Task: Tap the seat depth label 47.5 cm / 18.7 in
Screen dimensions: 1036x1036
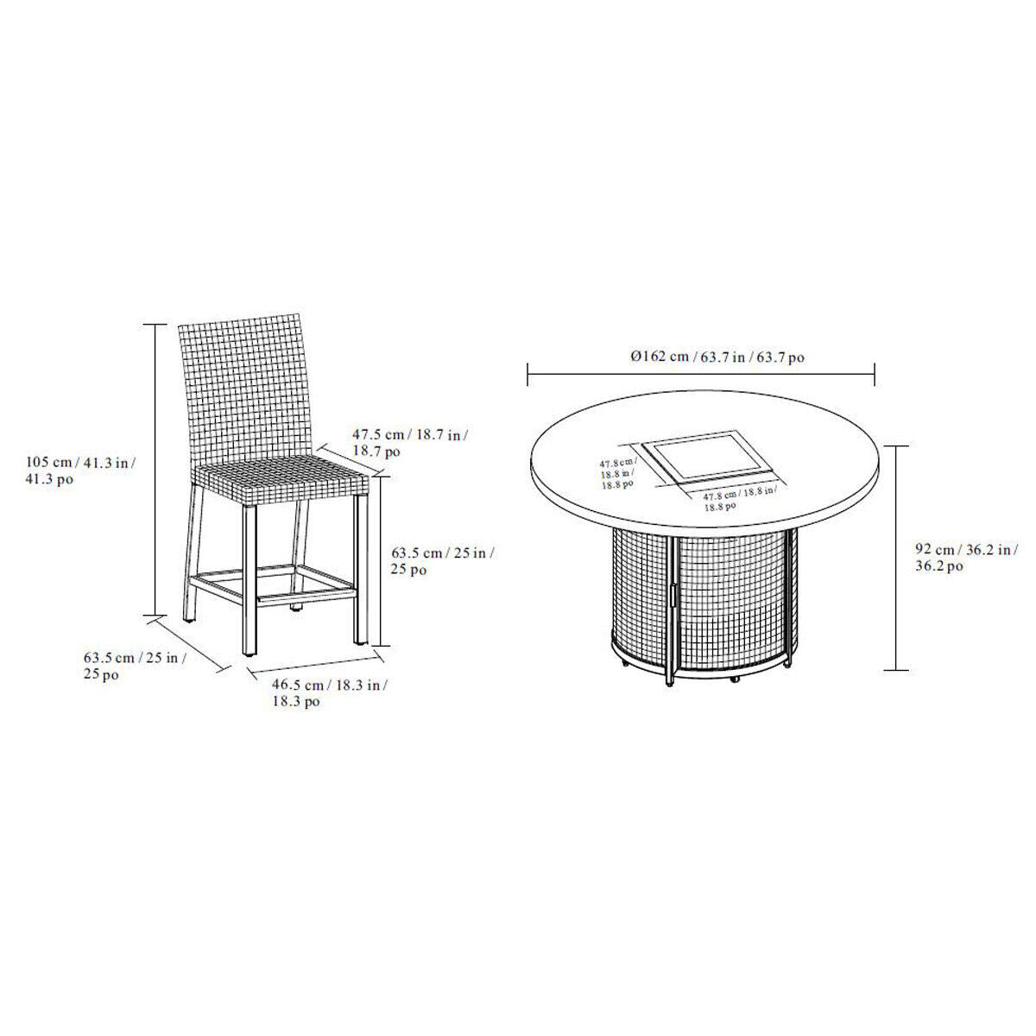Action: coord(410,442)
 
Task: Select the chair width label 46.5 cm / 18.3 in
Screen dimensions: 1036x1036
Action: coord(329,693)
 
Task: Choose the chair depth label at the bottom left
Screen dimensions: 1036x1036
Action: coord(135,665)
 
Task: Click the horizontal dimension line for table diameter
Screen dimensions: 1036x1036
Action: coord(701,374)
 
